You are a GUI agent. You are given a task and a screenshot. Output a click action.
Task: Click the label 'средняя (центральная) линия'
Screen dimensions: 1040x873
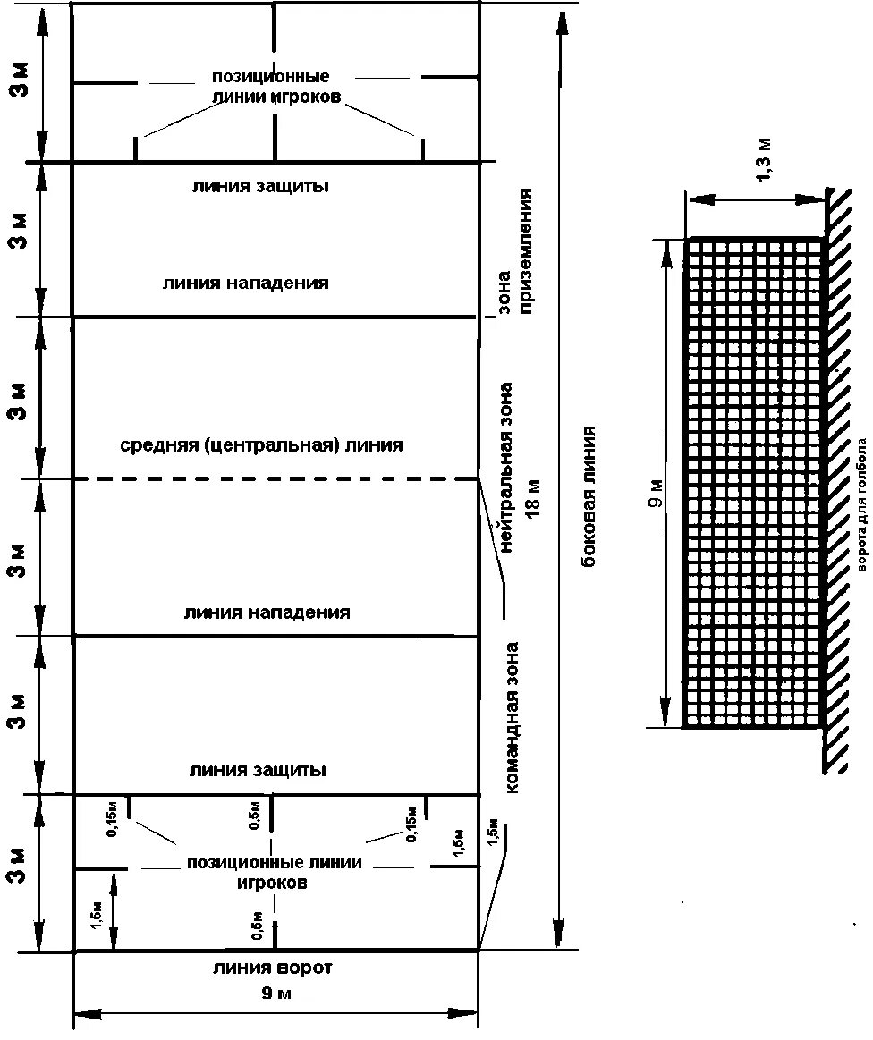click(262, 444)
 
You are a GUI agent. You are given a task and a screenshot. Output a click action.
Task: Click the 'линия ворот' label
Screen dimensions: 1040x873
click(273, 968)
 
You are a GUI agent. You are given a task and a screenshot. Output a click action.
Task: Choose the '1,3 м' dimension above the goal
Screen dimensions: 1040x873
click(766, 162)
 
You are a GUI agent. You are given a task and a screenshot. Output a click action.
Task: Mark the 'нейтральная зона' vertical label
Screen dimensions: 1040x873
click(507, 454)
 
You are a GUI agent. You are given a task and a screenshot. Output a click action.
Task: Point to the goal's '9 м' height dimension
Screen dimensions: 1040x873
click(657, 494)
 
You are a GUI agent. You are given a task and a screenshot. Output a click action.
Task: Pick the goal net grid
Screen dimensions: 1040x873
click(753, 483)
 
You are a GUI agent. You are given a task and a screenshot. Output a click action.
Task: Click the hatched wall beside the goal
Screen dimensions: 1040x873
click(837, 483)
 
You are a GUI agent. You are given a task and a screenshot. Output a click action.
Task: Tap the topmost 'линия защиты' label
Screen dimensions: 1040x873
click(260, 187)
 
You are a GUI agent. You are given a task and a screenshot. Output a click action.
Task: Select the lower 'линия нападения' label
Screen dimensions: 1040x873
click(267, 613)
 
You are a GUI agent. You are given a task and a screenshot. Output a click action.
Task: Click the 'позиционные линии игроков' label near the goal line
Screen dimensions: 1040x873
click(275, 872)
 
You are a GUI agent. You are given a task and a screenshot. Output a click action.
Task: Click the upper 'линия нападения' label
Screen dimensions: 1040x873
click(246, 283)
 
